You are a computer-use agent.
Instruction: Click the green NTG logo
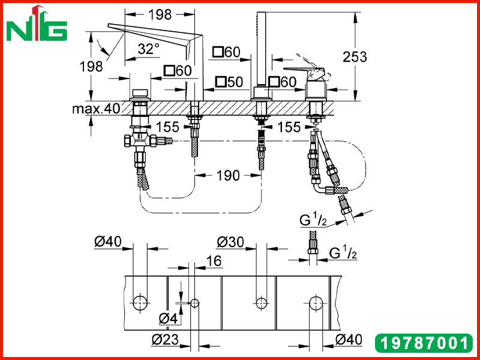[37, 24]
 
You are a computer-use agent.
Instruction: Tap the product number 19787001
[424, 343]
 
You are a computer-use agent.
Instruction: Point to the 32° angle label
[148, 49]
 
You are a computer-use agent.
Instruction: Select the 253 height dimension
[355, 56]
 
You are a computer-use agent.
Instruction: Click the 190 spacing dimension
[228, 175]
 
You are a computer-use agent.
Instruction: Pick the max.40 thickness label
[96, 109]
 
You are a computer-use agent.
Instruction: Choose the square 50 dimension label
[229, 82]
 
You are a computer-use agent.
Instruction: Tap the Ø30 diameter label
[230, 242]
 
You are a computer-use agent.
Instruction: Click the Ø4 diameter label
[168, 319]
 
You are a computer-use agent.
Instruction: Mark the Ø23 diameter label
[166, 339]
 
